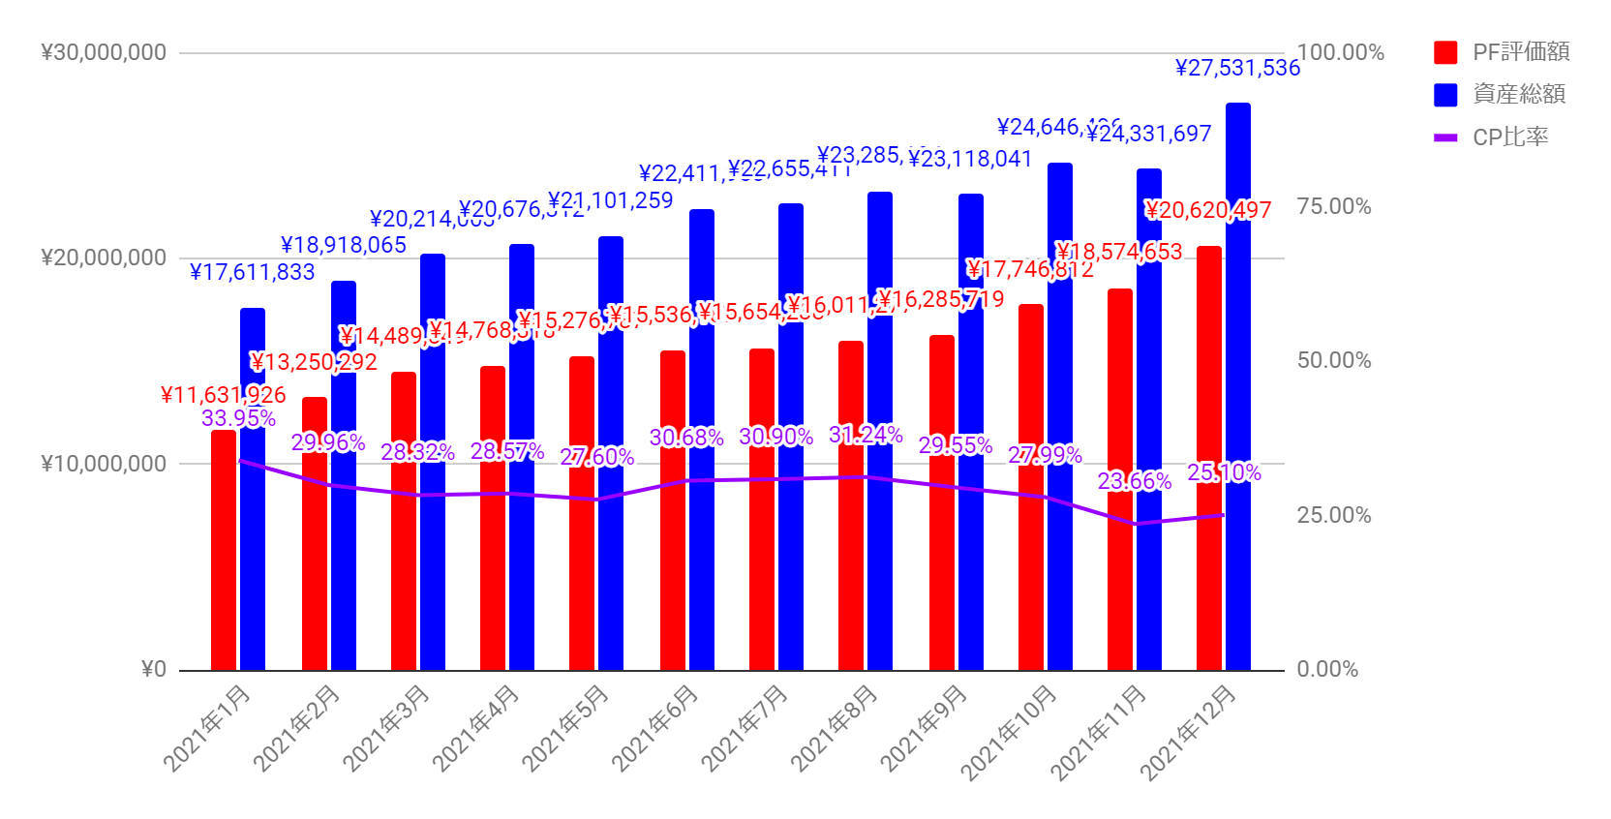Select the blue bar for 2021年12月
point(1238,387)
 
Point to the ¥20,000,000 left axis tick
point(104,258)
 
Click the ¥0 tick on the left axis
point(154,669)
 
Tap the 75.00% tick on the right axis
point(1334,206)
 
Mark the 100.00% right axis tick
point(1341,52)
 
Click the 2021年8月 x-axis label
point(835,728)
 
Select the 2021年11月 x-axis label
point(1099,732)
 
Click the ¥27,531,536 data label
point(1237,68)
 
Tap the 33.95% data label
point(238,418)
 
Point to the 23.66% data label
point(1134,481)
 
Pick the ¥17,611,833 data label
point(252,273)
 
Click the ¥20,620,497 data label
point(1207,210)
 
